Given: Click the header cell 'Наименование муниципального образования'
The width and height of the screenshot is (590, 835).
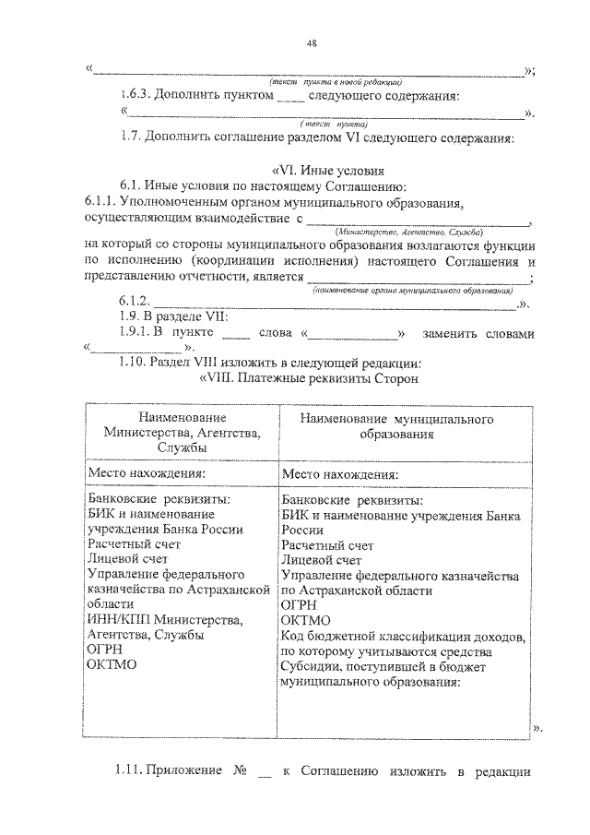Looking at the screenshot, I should pos(396,425).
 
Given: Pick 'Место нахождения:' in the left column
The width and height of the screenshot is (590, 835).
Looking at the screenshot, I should pos(146,472).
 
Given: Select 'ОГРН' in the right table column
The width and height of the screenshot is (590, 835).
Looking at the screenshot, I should pos(299,604).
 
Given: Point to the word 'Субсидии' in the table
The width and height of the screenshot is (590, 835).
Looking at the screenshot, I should pos(310,666).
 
